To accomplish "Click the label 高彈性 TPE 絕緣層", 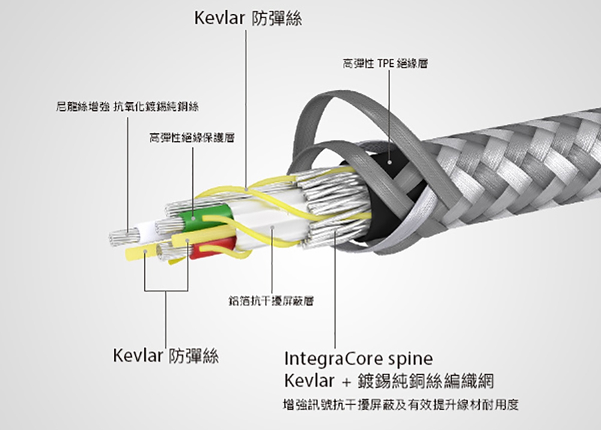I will pyautogui.click(x=385, y=63).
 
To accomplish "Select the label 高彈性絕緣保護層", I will pyautogui.click(x=192, y=138).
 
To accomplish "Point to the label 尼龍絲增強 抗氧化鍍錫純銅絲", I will pyautogui.click(x=126, y=107).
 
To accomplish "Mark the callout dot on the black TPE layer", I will pyautogui.click(x=389, y=162).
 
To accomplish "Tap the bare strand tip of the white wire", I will pyautogui.click(x=118, y=237).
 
